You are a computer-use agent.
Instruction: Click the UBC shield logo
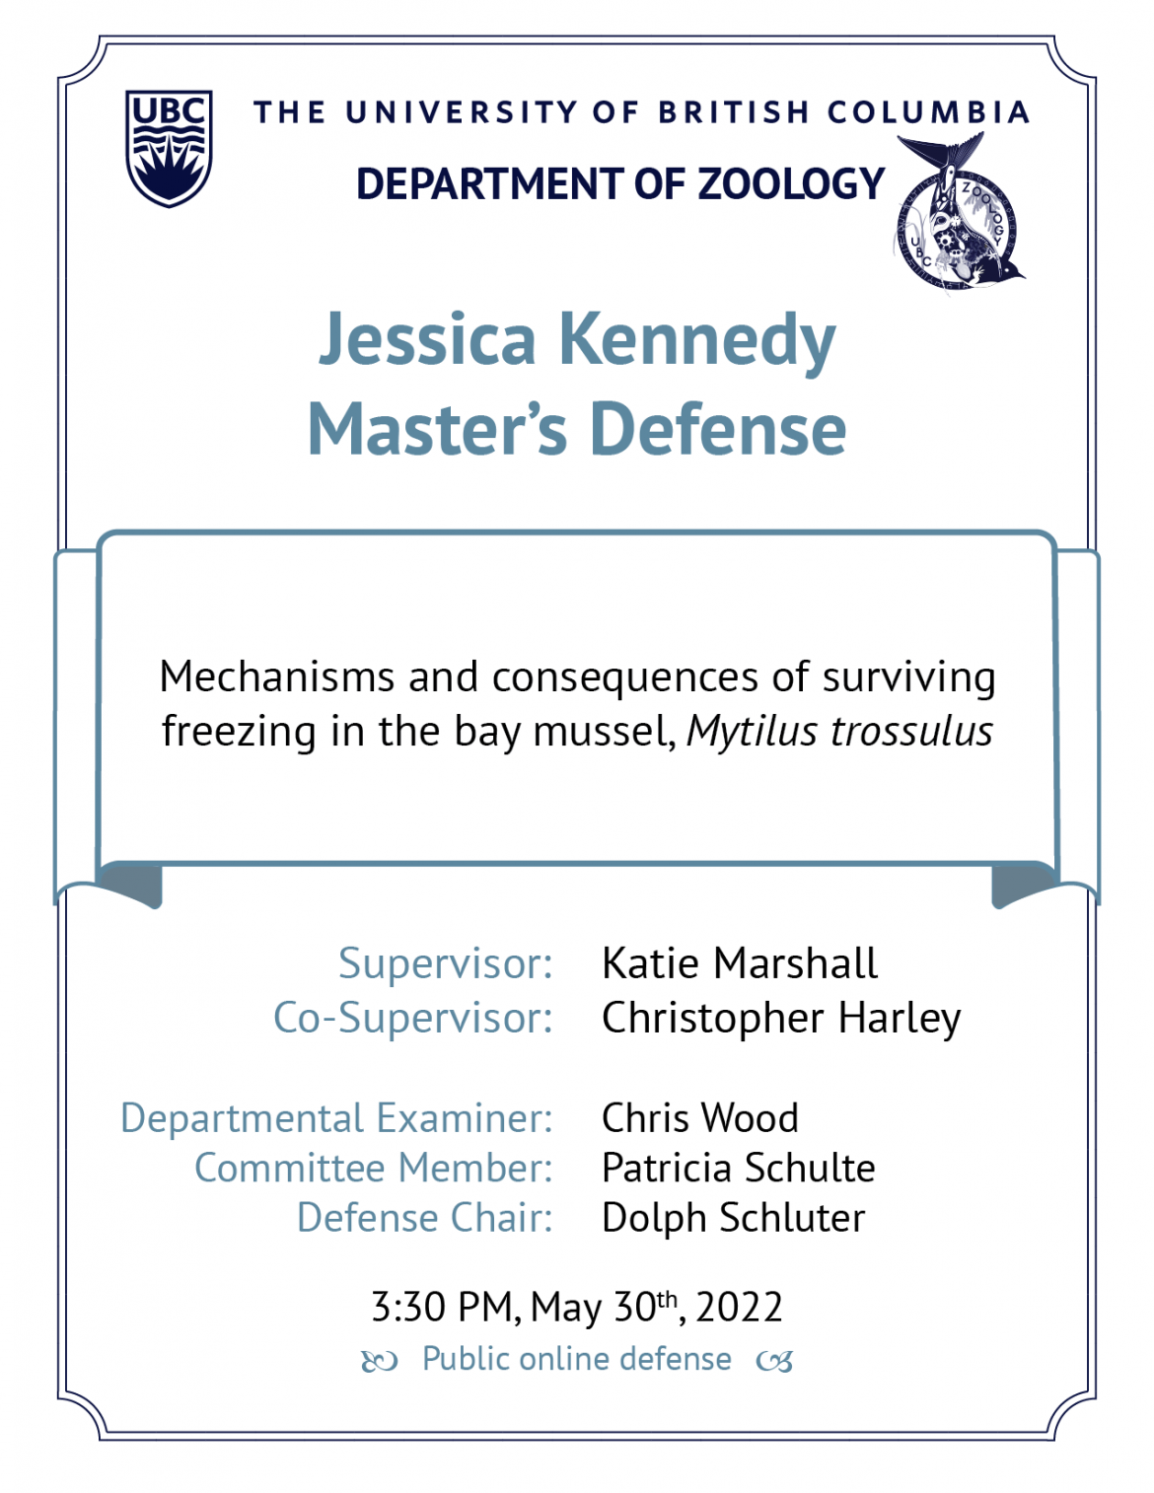click(169, 148)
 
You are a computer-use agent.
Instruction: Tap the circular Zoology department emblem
click(959, 214)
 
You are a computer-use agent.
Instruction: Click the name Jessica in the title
click(426, 339)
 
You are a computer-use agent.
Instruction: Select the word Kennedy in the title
click(698, 341)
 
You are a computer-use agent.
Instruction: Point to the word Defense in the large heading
click(718, 429)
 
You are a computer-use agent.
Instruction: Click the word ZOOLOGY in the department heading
click(791, 183)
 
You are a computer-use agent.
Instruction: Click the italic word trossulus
click(912, 731)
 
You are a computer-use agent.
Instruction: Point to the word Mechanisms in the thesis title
click(277, 676)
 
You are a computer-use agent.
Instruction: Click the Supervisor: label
click(446, 962)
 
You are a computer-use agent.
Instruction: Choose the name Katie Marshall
click(740, 962)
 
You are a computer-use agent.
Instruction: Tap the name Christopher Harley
click(782, 1019)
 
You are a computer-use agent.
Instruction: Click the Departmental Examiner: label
click(336, 1118)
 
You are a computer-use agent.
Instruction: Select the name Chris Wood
click(700, 1117)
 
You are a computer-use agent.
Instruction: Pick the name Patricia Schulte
click(739, 1168)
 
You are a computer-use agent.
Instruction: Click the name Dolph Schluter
click(734, 1218)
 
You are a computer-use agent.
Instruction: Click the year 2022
click(739, 1307)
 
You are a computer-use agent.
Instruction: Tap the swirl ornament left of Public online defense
click(379, 1361)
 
